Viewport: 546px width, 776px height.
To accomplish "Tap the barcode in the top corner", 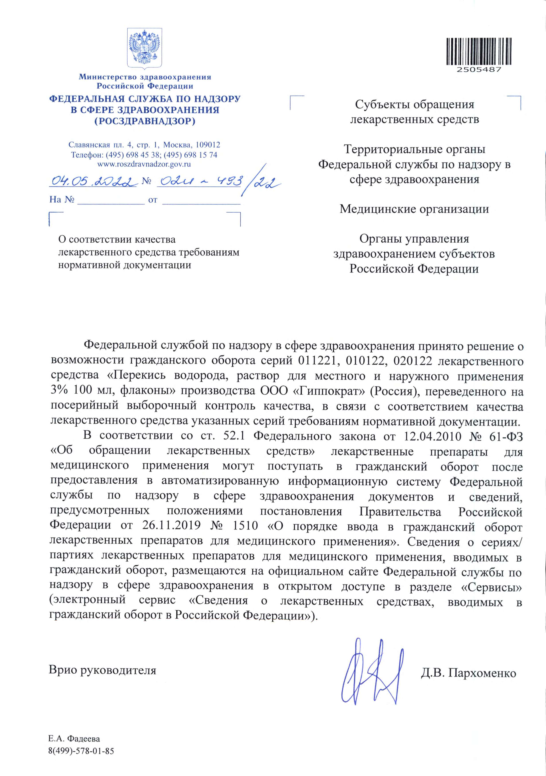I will tap(479, 51).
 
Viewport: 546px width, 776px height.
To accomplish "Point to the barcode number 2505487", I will tap(479, 70).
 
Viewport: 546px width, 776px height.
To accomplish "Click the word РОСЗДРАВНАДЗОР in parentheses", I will tap(145, 121).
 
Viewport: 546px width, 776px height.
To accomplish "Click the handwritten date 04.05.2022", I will tap(93, 182).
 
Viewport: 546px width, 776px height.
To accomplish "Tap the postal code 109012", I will tap(208, 145).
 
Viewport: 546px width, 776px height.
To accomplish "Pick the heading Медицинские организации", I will tap(414, 209).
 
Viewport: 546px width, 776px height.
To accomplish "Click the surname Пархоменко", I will tap(482, 673).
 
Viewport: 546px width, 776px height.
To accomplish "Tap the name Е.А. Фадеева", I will tap(74, 739).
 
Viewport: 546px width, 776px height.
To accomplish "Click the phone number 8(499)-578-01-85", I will tap(81, 751).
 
